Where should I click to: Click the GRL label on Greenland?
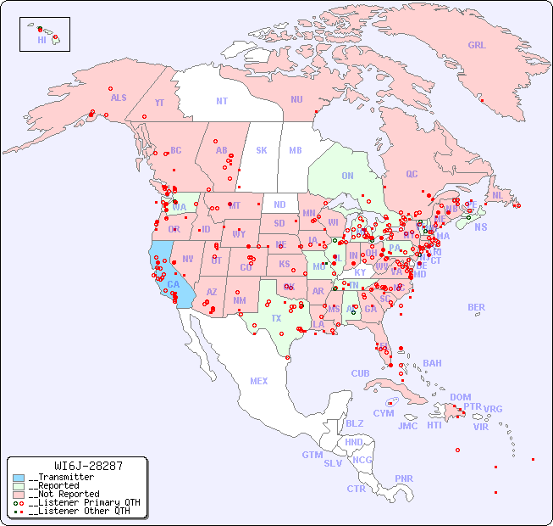click(477, 46)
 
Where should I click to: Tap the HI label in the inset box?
click(41, 39)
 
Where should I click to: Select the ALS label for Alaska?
click(119, 98)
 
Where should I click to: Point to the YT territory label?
click(159, 103)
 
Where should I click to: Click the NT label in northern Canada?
click(221, 101)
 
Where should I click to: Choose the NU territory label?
click(296, 99)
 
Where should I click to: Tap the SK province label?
click(262, 150)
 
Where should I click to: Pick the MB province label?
click(295, 150)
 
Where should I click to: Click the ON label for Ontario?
click(347, 176)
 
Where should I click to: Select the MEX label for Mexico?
click(259, 381)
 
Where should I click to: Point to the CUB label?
click(360, 373)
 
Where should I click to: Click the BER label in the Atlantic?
click(476, 307)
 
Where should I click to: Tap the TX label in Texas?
click(276, 318)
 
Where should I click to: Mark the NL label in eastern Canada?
click(497, 194)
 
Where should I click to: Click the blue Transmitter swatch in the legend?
click(19, 478)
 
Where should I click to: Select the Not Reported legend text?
click(64, 494)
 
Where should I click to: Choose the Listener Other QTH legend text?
click(79, 511)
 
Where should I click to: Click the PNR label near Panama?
click(404, 478)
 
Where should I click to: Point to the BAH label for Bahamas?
click(432, 363)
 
